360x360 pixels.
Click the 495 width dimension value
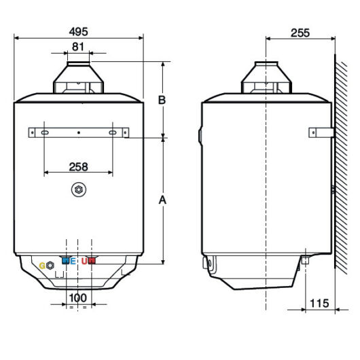(78, 32)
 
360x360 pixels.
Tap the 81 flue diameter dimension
(78, 47)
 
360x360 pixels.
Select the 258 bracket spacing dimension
(78, 167)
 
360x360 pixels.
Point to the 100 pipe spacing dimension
(78, 298)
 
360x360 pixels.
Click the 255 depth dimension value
(300, 33)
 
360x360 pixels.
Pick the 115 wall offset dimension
(319, 304)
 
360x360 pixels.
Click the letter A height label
(162, 200)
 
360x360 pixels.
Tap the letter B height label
(162, 100)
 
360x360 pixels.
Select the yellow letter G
(42, 266)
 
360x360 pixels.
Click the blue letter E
(73, 261)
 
